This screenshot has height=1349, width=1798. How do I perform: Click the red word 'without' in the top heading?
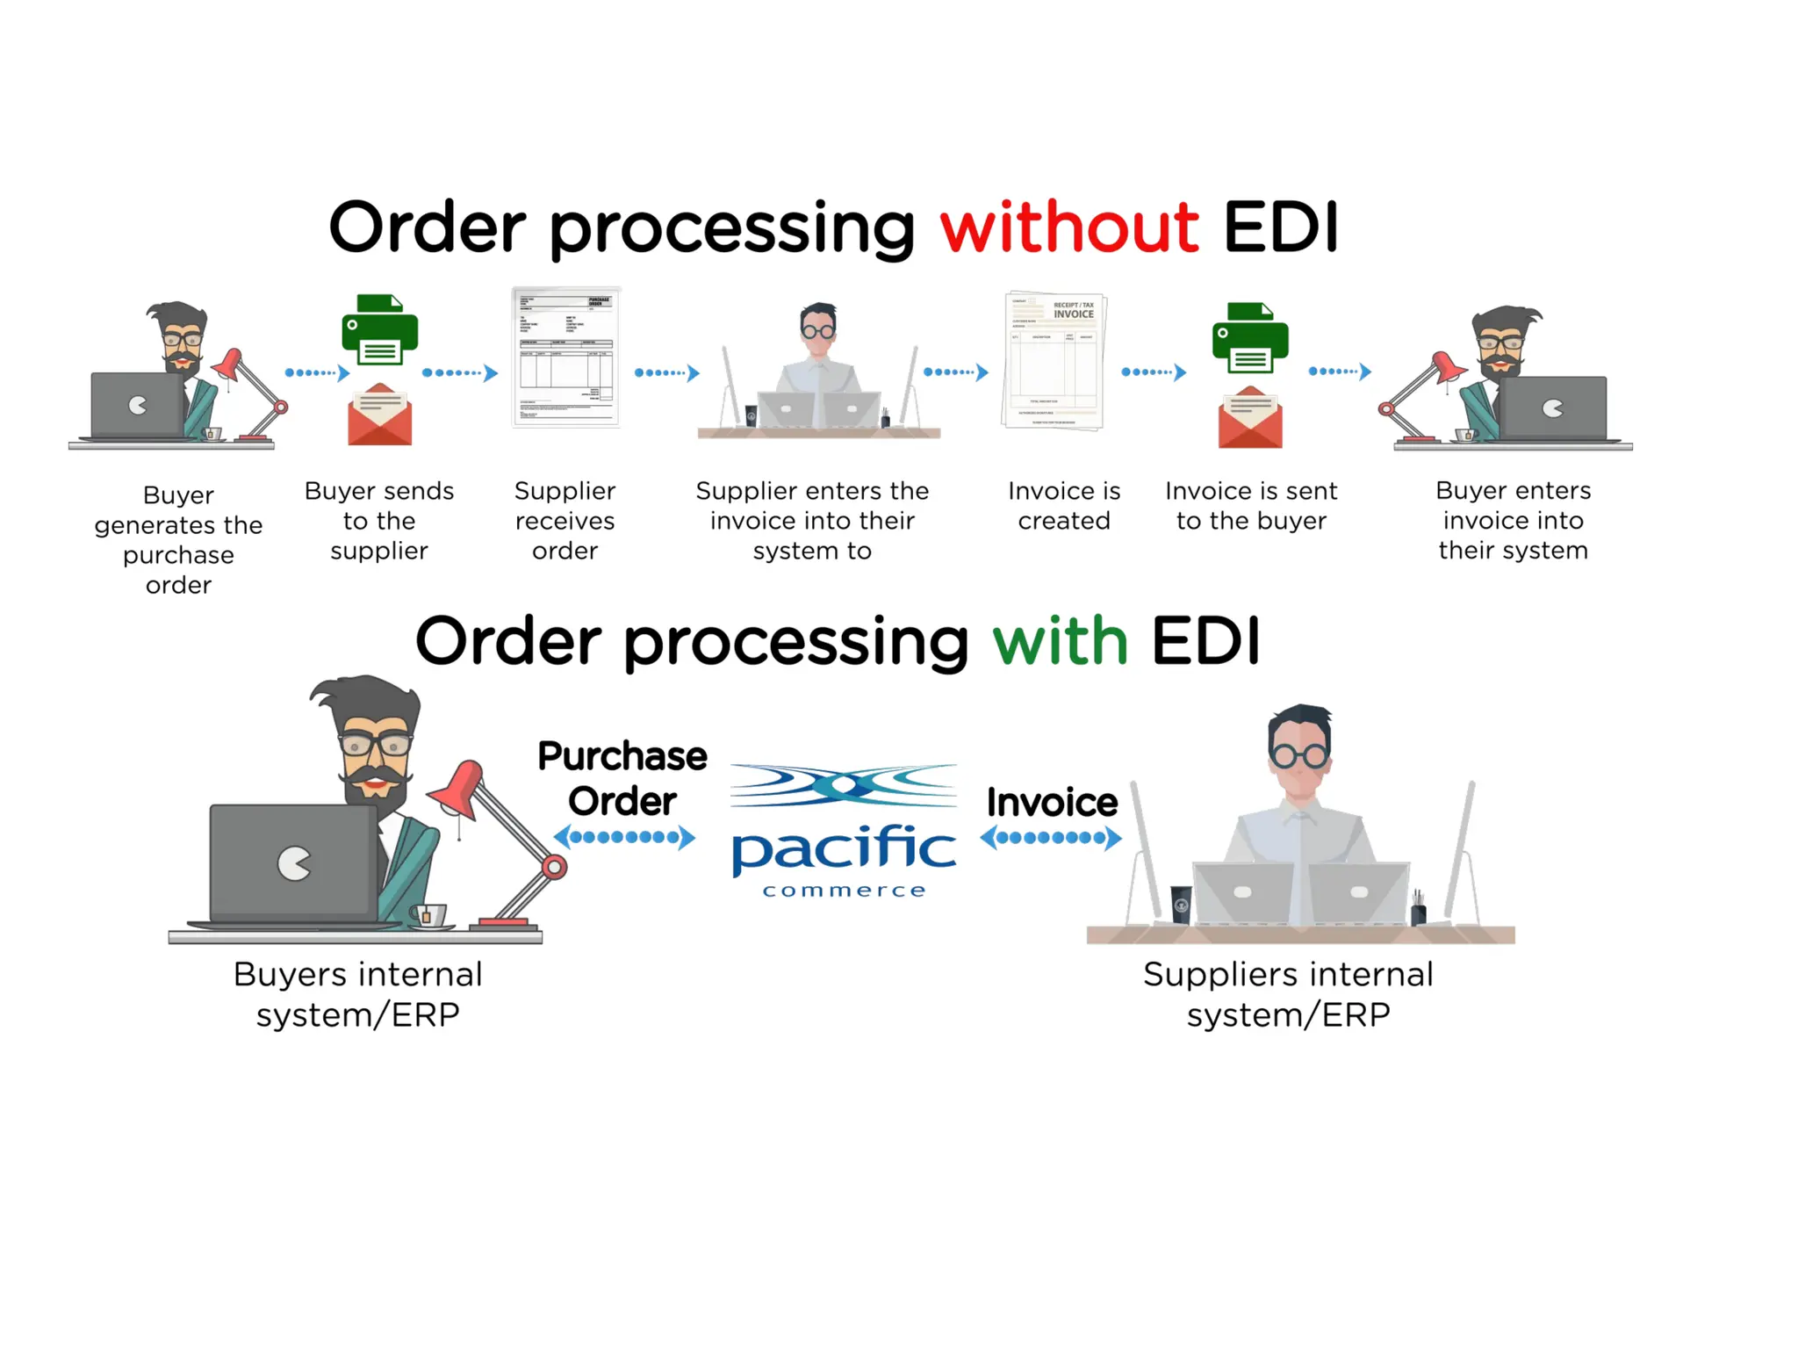point(1068,227)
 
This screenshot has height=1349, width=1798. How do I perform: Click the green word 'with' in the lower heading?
point(1059,641)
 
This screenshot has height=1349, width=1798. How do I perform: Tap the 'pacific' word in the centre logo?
point(843,848)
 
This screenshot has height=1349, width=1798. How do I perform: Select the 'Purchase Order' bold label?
point(622,778)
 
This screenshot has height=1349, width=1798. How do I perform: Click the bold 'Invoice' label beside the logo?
point(1052,802)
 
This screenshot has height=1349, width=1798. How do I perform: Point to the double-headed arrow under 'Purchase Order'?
point(624,837)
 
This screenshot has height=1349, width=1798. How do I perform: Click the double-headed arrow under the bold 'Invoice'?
point(1050,837)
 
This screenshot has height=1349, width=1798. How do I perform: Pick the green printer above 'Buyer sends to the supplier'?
point(379,330)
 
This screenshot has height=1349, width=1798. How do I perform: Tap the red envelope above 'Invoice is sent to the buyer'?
point(1249,418)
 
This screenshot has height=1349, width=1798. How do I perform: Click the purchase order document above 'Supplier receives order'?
point(566,357)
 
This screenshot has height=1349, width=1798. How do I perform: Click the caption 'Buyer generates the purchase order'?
point(178,539)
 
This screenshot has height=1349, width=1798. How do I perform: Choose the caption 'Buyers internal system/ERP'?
point(357,994)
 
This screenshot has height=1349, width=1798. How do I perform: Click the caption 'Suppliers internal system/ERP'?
point(1288,994)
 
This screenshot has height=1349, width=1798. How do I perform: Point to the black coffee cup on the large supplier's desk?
point(1182,903)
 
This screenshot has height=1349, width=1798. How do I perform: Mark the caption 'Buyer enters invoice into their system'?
point(1513,520)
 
